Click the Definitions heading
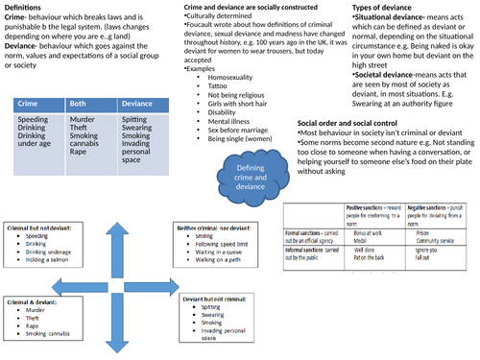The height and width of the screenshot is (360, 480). click(x=27, y=8)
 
